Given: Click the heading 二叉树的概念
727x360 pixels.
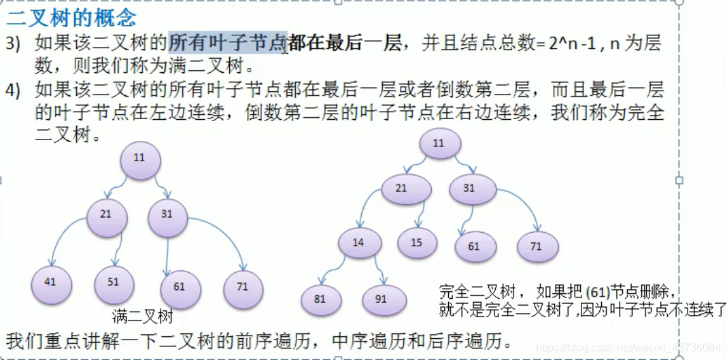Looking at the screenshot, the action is pos(71,17).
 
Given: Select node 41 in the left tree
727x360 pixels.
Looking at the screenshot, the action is pos(50,281).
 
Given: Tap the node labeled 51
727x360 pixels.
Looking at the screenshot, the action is pos(113,282).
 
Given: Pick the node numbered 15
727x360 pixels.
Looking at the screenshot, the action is pos(417,243).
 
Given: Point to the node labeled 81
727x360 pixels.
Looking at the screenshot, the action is pos(320,299).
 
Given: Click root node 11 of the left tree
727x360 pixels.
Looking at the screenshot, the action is pos(140,159).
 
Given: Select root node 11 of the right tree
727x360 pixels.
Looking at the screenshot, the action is pos(439,144).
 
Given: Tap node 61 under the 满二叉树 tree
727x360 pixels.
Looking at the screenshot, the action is pos(179,287).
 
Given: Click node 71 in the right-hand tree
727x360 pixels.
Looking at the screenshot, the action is pos(537,246).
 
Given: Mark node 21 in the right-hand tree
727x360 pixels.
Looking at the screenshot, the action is pos(401,189).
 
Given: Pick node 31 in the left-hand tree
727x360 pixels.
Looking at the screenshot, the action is pos(167,214).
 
